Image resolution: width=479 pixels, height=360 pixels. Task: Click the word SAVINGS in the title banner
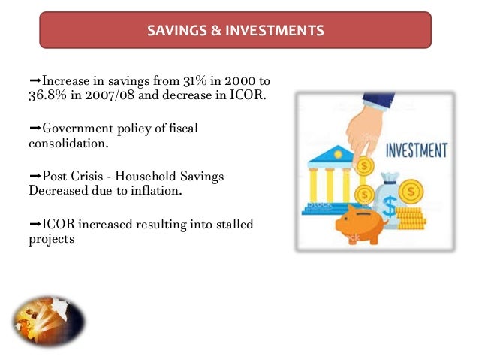[x=173, y=31]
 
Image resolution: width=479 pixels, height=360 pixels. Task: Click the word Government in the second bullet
[x=75, y=128]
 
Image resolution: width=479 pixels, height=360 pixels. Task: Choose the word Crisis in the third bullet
[x=93, y=175]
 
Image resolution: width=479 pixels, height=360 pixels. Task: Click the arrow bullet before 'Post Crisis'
[x=35, y=175]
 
